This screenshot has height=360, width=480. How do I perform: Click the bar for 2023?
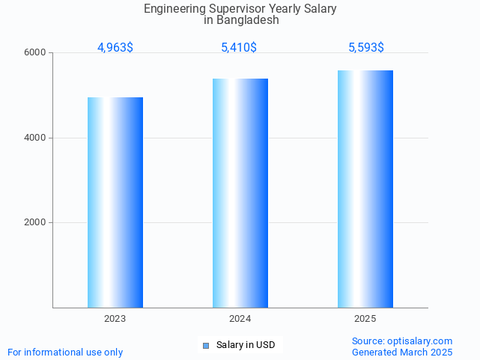click(115, 202)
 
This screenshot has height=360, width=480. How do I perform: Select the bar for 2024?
click(240, 193)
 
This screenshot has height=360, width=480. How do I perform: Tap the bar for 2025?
click(365, 189)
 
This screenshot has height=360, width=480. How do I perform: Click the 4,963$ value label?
click(115, 48)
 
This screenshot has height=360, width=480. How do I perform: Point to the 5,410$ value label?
click(239, 48)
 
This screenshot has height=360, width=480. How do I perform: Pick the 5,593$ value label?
click(366, 48)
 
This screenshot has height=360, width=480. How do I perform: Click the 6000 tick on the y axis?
click(36, 53)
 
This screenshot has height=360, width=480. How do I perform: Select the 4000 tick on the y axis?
click(36, 138)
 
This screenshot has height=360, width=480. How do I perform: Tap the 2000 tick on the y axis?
click(36, 222)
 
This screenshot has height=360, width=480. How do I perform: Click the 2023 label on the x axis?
click(115, 319)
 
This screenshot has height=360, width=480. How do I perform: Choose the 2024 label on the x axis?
click(240, 319)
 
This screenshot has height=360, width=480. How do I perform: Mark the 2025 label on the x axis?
click(365, 319)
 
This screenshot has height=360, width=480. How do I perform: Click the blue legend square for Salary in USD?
click(206, 345)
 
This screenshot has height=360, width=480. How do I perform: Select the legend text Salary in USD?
click(246, 345)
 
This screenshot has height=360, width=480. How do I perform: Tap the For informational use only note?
click(65, 352)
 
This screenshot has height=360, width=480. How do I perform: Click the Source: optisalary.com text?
click(402, 341)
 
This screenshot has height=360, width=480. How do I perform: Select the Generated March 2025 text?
click(402, 352)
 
